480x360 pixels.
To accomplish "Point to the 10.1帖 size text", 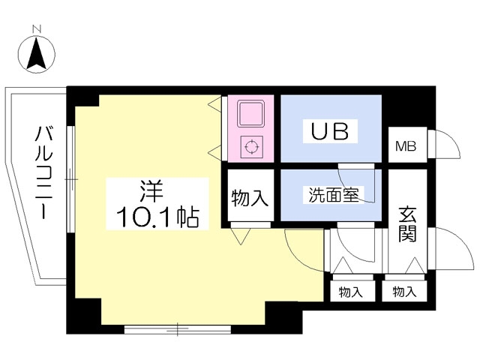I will pos(157,217).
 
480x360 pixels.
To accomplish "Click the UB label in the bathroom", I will pos(329,131).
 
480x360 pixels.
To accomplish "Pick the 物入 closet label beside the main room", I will pos(249,198).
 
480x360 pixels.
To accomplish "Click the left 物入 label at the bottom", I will pos(349,291).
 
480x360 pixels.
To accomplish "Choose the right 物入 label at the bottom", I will pos(404,291).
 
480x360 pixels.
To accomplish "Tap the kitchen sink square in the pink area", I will pos(250,113).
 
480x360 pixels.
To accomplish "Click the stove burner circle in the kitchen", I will pos(250,146).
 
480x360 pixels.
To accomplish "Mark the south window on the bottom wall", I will pos(177,328).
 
